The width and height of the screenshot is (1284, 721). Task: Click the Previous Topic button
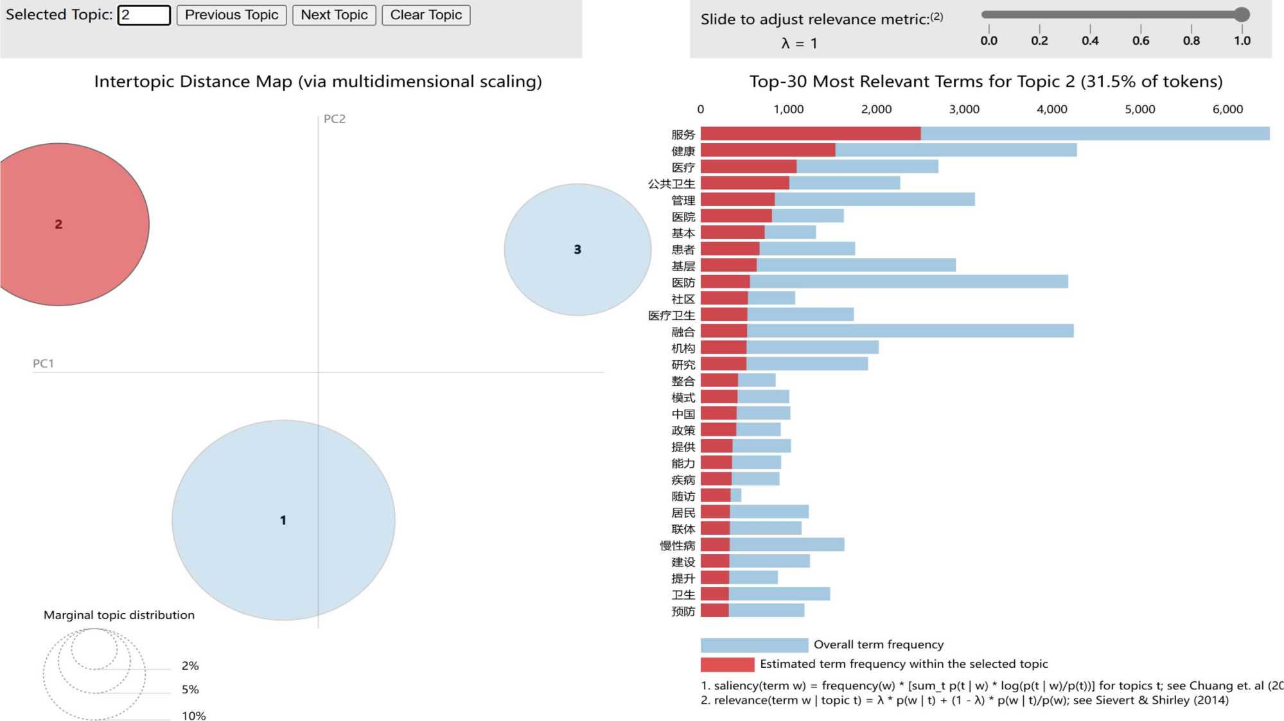(231, 15)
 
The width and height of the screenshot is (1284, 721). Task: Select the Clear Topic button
(426, 15)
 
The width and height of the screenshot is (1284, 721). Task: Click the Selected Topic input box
(145, 15)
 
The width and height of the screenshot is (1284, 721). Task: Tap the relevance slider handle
(1242, 14)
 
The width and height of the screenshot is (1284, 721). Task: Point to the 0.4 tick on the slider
(1090, 40)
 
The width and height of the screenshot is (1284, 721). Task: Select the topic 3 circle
(577, 250)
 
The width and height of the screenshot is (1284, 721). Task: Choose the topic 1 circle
(283, 520)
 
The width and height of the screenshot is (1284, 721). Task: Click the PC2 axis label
(334, 119)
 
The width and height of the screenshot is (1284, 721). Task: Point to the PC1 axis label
(43, 363)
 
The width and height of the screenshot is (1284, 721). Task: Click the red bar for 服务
(810, 134)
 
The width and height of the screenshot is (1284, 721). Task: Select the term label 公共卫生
(671, 184)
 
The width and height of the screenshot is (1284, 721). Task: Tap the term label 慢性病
(678, 546)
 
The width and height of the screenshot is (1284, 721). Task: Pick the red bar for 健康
(768, 150)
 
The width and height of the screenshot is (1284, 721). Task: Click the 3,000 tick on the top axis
(964, 109)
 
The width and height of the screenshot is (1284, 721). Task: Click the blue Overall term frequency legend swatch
(754, 645)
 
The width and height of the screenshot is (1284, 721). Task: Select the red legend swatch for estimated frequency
(727, 664)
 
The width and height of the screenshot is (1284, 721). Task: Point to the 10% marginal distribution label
(193, 715)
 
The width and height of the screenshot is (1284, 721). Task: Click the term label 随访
(683, 496)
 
